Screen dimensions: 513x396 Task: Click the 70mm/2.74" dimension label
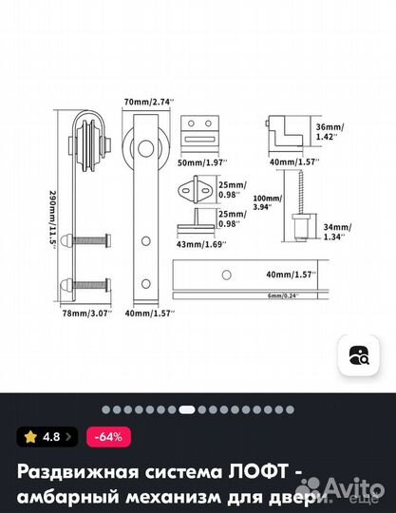pos(148,99)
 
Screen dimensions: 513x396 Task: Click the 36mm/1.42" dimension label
pos(330,132)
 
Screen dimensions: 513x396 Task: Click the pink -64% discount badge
pos(110,437)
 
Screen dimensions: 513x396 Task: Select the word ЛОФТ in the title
pos(250,472)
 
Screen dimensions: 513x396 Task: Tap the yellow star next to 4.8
pos(30,437)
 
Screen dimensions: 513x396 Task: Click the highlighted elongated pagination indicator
pos(186,410)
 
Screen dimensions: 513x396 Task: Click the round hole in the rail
pos(226,275)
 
